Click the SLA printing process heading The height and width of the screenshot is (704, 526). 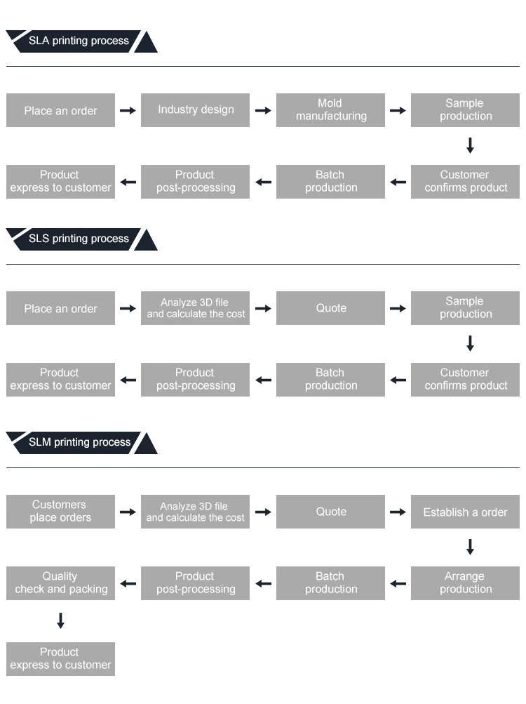[79, 41]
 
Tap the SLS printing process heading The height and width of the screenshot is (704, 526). [79, 239]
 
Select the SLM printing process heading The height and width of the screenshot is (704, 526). [79, 442]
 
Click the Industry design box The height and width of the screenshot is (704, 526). [195, 110]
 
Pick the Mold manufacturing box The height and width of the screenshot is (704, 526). [330, 110]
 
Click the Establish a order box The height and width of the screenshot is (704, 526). [465, 512]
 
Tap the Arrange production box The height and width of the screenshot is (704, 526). [465, 583]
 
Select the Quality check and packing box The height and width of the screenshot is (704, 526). [60, 583]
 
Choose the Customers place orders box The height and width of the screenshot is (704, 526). [60, 512]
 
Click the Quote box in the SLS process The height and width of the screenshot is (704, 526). [330, 308]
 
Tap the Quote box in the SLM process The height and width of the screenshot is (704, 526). [330, 512]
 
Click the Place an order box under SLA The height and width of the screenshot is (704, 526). [60, 110]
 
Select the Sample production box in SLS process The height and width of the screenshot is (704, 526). [465, 308]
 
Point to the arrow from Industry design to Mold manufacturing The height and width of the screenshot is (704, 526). [263, 110]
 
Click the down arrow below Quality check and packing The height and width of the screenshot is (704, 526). [60, 620]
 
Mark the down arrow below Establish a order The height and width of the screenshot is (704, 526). [470, 547]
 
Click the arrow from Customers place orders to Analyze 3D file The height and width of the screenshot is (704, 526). [128, 512]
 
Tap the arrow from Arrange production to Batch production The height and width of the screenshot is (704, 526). [398, 584]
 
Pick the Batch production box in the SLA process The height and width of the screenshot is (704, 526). [330, 182]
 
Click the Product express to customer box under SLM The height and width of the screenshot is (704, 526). [60, 659]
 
